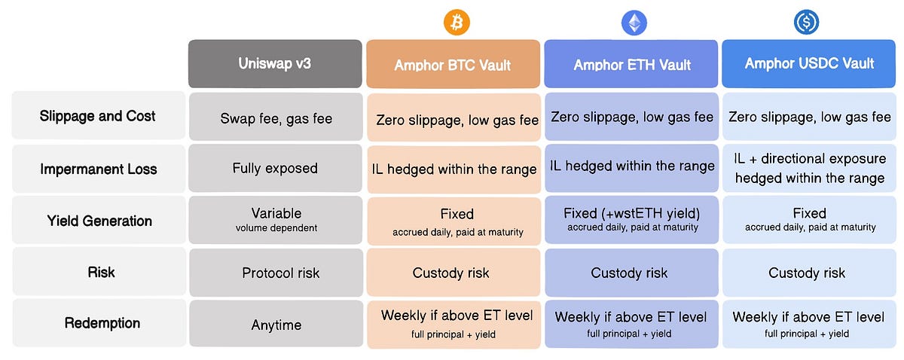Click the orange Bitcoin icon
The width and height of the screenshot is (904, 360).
[x=457, y=22]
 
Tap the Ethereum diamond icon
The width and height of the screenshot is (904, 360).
[x=634, y=23]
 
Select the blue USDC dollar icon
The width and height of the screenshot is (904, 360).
[x=806, y=22]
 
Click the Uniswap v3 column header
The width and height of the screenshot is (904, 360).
[x=275, y=63]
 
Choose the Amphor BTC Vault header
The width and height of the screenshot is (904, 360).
[x=453, y=64]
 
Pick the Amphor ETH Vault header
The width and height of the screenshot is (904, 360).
[x=631, y=63]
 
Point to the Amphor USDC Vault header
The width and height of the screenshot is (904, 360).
[x=809, y=63]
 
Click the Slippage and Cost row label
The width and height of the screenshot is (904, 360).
[x=98, y=116]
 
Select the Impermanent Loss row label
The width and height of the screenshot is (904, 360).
[x=98, y=168]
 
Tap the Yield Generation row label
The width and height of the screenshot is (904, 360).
[x=99, y=221]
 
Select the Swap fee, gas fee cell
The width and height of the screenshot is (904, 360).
[x=276, y=117]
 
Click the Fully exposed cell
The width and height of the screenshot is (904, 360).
[x=275, y=168]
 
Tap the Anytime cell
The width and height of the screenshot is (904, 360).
[x=276, y=324]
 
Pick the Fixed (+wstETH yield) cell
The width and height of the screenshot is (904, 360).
[x=631, y=220]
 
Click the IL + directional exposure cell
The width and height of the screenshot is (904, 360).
[x=810, y=168]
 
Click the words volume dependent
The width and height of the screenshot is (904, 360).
[x=276, y=228]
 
